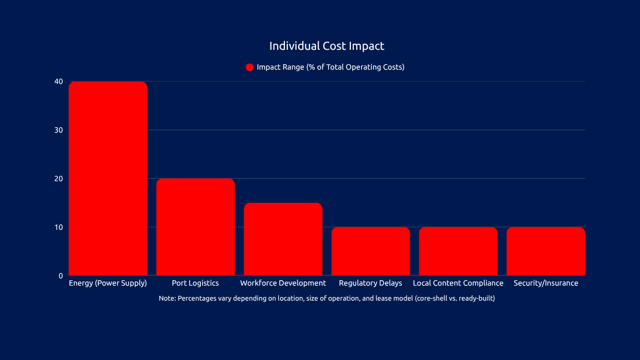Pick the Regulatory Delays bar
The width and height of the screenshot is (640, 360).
pyautogui.click(x=371, y=251)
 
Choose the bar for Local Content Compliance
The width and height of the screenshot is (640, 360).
pyautogui.click(x=458, y=251)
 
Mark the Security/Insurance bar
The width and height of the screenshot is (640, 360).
pyautogui.click(x=546, y=251)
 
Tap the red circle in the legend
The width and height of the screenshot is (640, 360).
pyautogui.click(x=250, y=67)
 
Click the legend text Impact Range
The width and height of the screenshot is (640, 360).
pyautogui.click(x=330, y=67)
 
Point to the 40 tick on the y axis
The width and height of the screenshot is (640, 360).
pyautogui.click(x=58, y=82)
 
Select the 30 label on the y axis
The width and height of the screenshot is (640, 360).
pyautogui.click(x=58, y=130)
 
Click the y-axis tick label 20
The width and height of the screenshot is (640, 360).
pyautogui.click(x=58, y=179)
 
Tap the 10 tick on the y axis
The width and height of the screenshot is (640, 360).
pyautogui.click(x=58, y=227)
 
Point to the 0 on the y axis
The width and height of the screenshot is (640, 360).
pyautogui.click(x=61, y=276)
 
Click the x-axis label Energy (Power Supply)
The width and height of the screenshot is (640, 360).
pyautogui.click(x=108, y=283)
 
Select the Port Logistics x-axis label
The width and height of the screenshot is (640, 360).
pyautogui.click(x=196, y=283)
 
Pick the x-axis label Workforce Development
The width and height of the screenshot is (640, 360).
pyautogui.click(x=283, y=283)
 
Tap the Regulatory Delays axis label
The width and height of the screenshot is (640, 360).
pyautogui.click(x=371, y=283)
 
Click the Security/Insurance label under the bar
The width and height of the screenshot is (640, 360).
pyautogui.click(x=546, y=283)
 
